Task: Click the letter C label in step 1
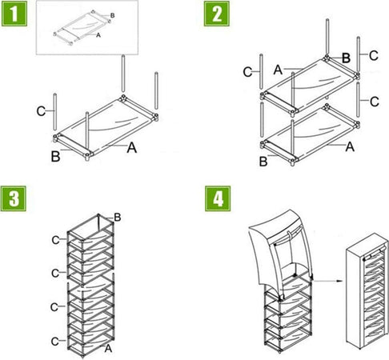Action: [x=41, y=111]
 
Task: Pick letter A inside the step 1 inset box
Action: [x=98, y=36]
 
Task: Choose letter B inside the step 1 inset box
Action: [x=111, y=15]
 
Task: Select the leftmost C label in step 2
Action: [x=247, y=72]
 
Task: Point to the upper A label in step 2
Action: [x=277, y=70]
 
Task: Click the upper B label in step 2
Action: [x=346, y=58]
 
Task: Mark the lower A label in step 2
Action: [x=350, y=146]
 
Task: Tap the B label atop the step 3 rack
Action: [x=118, y=218]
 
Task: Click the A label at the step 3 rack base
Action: [x=108, y=348]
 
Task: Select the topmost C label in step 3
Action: [x=55, y=239]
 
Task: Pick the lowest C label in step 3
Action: [x=55, y=342]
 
